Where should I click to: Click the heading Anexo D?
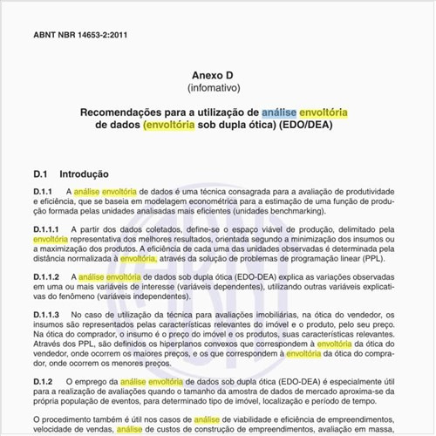coord(218,75)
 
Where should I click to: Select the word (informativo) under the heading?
coord(218,88)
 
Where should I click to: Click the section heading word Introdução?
coord(83,174)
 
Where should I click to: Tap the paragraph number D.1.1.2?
coord(47,276)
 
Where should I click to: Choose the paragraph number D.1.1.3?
coord(47,314)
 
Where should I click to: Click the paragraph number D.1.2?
coord(43,383)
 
